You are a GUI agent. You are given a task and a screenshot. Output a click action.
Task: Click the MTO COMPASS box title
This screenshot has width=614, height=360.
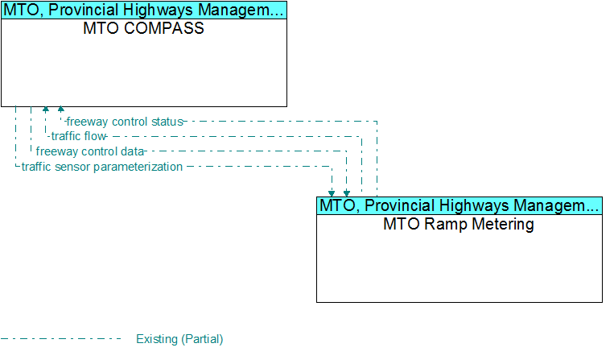click(x=143, y=28)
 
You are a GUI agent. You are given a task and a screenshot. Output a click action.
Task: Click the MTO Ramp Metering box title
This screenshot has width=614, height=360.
click(x=459, y=224)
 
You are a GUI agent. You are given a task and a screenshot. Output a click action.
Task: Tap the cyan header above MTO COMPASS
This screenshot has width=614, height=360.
click(x=144, y=10)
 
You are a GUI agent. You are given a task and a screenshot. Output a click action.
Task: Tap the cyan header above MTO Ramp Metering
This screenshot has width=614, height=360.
click(x=459, y=205)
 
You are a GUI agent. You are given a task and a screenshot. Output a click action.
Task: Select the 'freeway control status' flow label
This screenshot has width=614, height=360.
click(x=125, y=122)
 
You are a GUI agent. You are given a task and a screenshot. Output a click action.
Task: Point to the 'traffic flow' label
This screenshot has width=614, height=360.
click(x=78, y=136)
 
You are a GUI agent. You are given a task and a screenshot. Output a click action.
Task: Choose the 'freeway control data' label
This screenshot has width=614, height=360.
click(x=90, y=151)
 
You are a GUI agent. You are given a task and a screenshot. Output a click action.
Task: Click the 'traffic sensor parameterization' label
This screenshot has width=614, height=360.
click(x=102, y=167)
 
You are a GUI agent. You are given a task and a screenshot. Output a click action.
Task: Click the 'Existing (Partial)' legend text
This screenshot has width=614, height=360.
click(x=179, y=339)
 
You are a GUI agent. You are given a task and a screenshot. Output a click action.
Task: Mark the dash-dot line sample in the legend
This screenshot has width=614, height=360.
click(x=61, y=339)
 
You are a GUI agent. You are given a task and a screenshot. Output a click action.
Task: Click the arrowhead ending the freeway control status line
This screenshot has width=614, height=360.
click(x=60, y=109)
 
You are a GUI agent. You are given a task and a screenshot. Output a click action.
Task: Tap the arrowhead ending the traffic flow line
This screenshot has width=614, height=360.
click(x=46, y=109)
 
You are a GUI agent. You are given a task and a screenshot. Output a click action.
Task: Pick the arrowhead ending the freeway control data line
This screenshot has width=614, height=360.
click(x=347, y=193)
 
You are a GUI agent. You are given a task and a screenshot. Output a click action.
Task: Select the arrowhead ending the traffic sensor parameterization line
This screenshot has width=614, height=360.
click(x=332, y=193)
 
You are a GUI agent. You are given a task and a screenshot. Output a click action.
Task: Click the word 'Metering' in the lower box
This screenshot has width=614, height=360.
click(x=503, y=224)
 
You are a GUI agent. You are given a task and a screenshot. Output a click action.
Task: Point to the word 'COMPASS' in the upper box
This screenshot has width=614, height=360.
click(x=164, y=28)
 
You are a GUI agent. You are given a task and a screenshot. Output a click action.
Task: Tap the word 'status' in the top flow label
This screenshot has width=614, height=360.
click(x=167, y=122)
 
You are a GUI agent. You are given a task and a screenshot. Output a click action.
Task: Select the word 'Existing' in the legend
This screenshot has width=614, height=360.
click(x=157, y=339)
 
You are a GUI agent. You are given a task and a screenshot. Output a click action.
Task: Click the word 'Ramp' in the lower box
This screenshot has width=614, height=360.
click(x=446, y=224)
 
